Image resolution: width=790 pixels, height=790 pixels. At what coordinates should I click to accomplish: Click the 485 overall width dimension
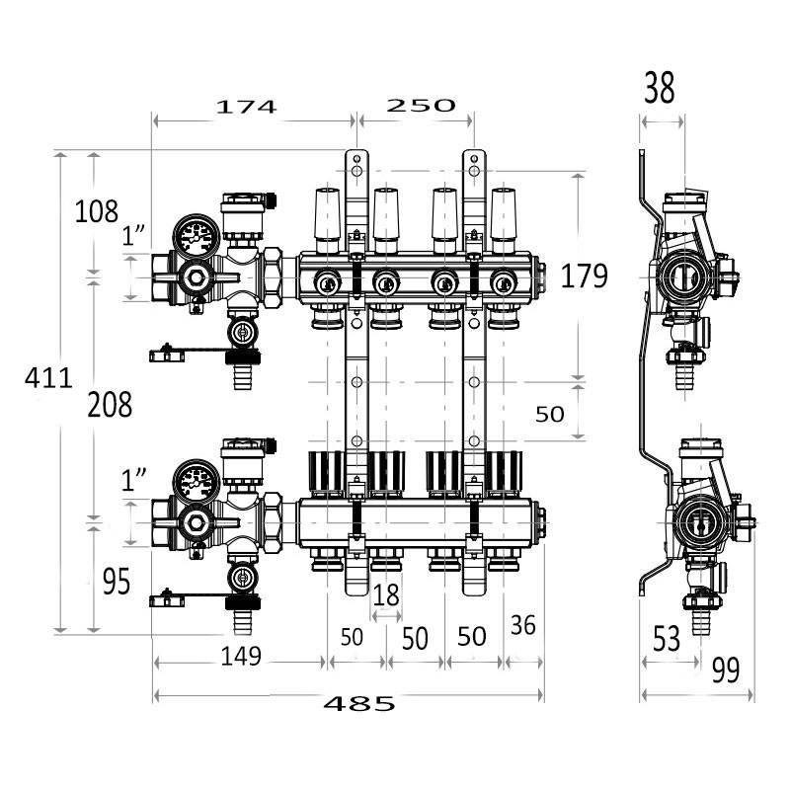coord(359,703)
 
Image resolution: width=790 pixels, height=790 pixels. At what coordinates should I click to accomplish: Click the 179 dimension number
coord(584,276)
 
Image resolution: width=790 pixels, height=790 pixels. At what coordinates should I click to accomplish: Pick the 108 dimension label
coord(96,210)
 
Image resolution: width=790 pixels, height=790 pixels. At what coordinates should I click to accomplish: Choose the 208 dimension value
coord(109,404)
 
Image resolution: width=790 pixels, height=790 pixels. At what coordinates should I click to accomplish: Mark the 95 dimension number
coord(116,583)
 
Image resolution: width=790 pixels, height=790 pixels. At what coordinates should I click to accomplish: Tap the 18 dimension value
coord(386,595)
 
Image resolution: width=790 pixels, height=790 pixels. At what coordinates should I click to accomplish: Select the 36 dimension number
coord(523,624)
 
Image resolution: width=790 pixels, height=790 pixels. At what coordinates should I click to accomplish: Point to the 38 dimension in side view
coord(659,89)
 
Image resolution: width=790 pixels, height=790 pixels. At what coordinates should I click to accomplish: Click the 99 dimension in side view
coord(725,671)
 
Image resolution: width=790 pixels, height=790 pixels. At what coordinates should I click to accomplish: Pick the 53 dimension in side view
coord(667,639)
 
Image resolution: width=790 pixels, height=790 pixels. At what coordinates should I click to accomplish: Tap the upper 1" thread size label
coord(134,237)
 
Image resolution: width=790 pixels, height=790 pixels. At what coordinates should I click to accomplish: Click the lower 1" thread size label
coord(134,481)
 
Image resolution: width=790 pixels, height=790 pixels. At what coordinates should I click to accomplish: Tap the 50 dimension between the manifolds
coord(550,414)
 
